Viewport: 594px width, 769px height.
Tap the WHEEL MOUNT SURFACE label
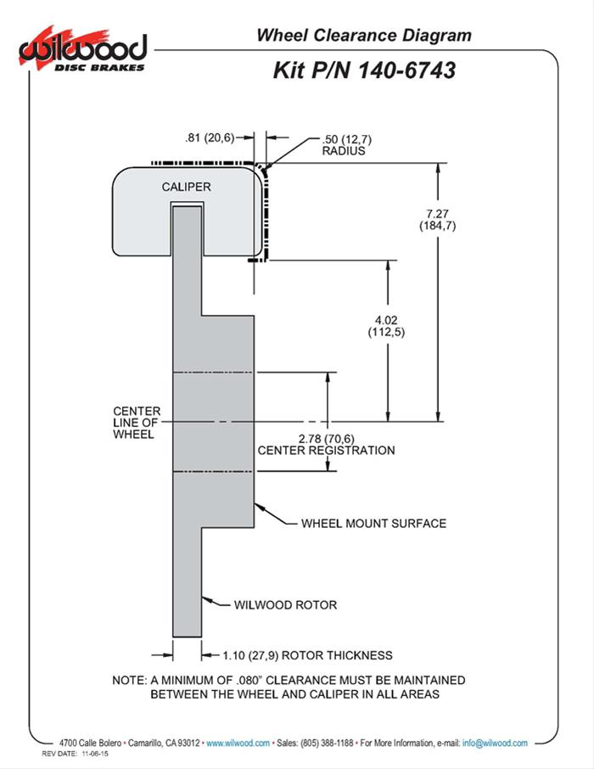[x=373, y=523]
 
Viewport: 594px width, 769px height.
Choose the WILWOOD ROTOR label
[x=285, y=605]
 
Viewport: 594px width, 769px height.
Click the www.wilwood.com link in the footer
[x=238, y=743]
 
